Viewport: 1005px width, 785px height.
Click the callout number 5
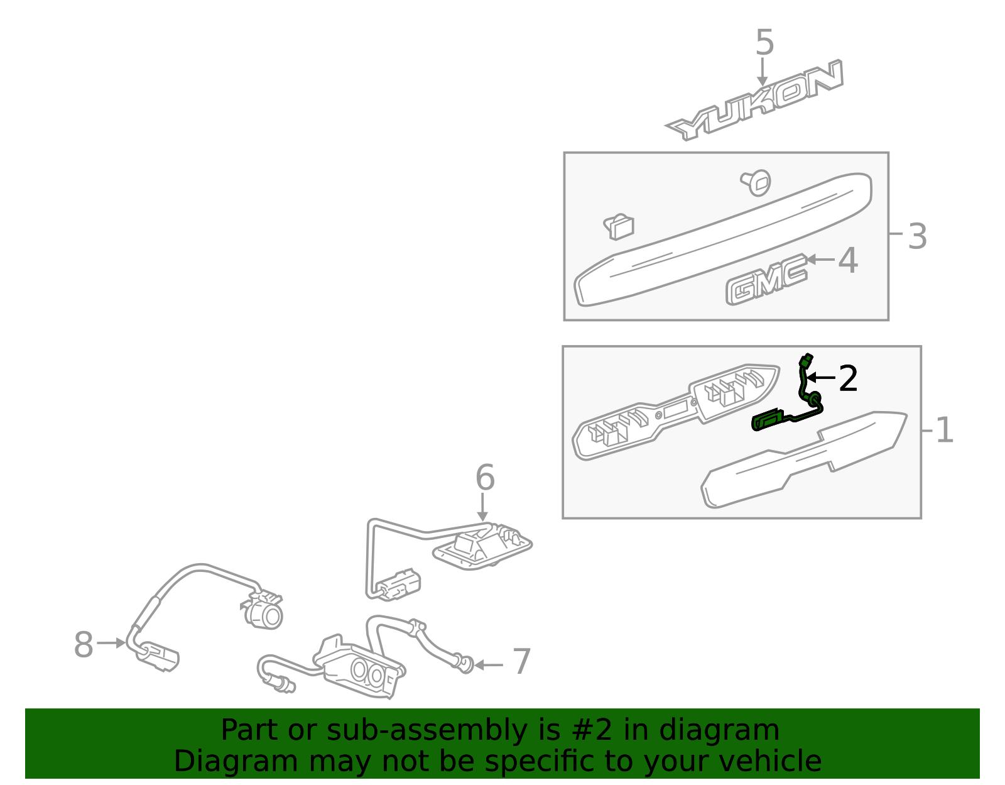click(764, 43)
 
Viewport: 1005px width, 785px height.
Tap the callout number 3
click(917, 236)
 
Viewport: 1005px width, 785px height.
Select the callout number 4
click(848, 260)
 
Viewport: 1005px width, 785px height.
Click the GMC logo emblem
click(766, 280)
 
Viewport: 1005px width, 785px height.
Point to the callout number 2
click(848, 378)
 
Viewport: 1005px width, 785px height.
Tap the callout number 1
click(945, 430)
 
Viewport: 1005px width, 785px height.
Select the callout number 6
click(485, 478)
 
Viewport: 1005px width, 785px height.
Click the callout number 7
click(522, 661)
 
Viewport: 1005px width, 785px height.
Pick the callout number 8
click(84, 644)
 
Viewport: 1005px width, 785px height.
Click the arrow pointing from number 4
click(821, 260)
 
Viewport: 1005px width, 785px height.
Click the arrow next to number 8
click(111, 643)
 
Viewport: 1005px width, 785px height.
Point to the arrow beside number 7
click(489, 665)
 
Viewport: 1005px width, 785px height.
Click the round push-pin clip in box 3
click(756, 182)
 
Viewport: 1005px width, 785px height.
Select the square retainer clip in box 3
click(619, 227)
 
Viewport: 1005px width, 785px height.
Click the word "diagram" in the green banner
click(719, 732)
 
